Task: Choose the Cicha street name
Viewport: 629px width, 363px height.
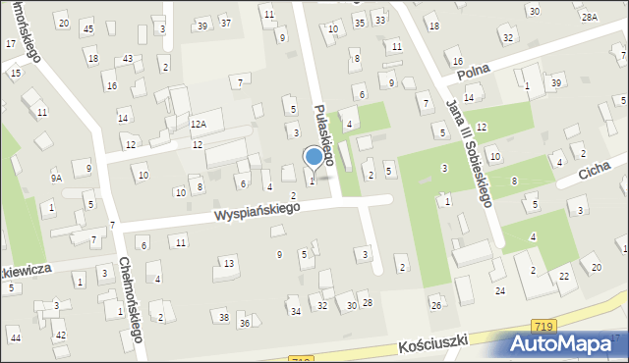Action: (x=595, y=173)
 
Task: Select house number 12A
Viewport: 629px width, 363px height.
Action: (x=198, y=125)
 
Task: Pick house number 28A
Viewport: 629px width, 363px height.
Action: (x=589, y=18)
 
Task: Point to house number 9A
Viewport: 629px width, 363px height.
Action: (x=57, y=178)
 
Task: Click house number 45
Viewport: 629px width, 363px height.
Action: (x=88, y=28)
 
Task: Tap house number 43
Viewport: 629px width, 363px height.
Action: (x=128, y=59)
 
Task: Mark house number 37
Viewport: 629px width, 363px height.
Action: (x=225, y=23)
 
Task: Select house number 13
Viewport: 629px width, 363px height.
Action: (x=229, y=263)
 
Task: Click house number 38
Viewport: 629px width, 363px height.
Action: (x=224, y=317)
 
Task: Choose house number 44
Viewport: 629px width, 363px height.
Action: (x=14, y=337)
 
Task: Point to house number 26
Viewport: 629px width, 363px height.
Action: (x=435, y=306)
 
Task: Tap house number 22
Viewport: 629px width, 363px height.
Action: (x=563, y=277)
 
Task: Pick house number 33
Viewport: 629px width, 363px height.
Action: (x=379, y=21)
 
